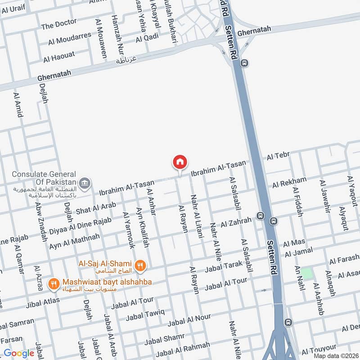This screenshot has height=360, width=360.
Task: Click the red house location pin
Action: pos(180,162)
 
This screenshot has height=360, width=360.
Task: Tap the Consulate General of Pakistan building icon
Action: pos(84,183)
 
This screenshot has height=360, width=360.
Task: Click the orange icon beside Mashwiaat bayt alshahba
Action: pos(54,283)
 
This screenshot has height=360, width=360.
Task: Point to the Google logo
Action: pos(19,353)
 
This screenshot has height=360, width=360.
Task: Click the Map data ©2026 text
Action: pos(336,355)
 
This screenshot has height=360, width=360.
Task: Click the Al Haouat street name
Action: pos(59,57)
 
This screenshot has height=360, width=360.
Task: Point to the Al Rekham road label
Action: pos(289,183)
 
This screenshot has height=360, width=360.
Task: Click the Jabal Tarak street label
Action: pos(223,266)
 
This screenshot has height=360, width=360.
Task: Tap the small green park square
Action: pos(306,273)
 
